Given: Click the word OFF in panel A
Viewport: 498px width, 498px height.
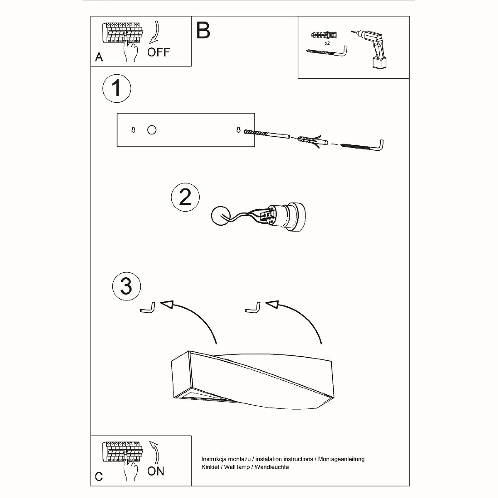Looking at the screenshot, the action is [159, 52].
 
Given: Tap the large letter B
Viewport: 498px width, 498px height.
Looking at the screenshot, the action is [203, 30].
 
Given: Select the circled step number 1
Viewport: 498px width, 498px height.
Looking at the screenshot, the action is [117, 88].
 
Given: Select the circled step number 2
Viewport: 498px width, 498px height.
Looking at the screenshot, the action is [185, 197].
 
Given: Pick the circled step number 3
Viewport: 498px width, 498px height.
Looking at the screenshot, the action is [127, 286].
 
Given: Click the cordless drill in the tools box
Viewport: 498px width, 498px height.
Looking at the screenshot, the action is [372, 49].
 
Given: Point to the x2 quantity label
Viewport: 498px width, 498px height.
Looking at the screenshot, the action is [327, 43].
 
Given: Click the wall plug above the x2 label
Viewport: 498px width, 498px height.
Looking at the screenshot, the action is [325, 35].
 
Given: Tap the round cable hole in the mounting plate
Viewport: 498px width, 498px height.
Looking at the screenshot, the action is [152, 130].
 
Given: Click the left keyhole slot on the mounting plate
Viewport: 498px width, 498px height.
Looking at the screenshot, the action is [133, 130].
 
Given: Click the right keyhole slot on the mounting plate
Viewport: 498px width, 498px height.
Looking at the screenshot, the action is [239, 129].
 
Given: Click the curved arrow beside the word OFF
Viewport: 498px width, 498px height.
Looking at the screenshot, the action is [155, 32].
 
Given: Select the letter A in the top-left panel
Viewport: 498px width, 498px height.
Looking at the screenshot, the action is [99, 57].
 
